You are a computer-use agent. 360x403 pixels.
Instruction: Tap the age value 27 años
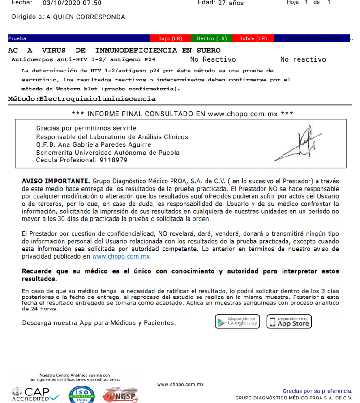click(x=231, y=3)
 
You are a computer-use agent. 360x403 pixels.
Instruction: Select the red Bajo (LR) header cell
click(x=170, y=38)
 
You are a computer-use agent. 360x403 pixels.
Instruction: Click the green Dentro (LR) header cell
click(x=212, y=38)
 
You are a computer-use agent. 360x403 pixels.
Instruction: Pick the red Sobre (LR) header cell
click(x=253, y=38)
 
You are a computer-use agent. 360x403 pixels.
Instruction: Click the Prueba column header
click(x=17, y=38)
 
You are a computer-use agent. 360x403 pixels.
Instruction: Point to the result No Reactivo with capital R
click(x=213, y=59)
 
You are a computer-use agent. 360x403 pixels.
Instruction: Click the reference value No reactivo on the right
click(x=303, y=59)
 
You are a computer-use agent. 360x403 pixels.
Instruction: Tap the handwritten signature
click(x=299, y=144)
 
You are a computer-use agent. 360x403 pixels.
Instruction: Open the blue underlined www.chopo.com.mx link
click(x=121, y=257)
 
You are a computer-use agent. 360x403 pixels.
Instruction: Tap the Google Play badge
click(x=237, y=322)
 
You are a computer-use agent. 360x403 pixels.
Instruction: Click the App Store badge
click(x=289, y=322)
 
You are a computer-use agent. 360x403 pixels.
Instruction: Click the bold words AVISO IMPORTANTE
click(x=56, y=181)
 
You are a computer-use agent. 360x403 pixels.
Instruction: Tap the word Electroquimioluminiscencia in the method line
click(x=98, y=99)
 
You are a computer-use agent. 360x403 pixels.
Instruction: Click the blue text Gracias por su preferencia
click(x=317, y=391)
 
